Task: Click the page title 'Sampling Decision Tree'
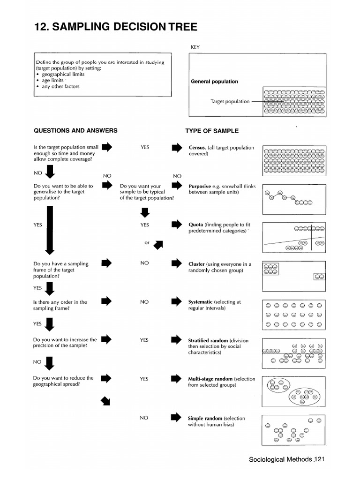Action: coord(115,27)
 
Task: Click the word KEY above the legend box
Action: coord(195,47)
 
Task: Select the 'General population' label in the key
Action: coord(214,82)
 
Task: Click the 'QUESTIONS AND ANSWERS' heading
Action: coord(75,131)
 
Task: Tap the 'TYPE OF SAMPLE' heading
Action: coord(212,131)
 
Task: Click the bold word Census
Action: coord(197,148)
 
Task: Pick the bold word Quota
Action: coord(195,225)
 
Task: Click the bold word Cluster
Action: coord(197,264)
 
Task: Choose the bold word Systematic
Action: coord(200,302)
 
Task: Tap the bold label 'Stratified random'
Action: coord(208,341)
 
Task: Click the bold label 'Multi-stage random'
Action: coord(210,379)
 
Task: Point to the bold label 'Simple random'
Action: coord(205,418)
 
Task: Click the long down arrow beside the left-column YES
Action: coord(49,230)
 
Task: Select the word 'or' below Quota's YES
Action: coord(147,243)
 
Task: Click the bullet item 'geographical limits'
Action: coord(63,74)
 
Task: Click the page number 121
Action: coord(319,459)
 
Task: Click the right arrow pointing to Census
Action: coord(176,148)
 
